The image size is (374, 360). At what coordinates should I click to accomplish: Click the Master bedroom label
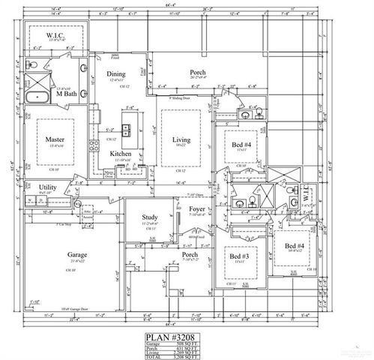(x=53, y=139)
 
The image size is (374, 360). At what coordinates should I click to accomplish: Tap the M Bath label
(x=66, y=94)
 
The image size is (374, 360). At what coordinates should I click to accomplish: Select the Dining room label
(x=116, y=74)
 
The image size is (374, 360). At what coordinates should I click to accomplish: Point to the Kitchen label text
(x=121, y=154)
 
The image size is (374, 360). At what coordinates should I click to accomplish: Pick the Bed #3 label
(x=239, y=256)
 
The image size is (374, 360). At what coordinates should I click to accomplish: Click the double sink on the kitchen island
(x=128, y=127)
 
